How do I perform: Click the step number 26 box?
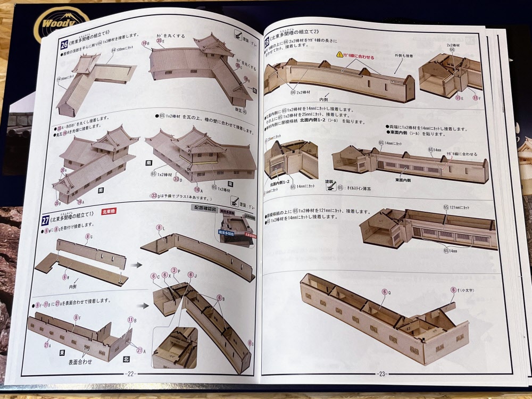point(63,46)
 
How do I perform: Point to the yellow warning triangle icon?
point(339,55)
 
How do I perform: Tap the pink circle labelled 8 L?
point(159,228)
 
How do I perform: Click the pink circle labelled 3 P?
point(174,271)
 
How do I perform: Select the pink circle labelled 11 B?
point(130,319)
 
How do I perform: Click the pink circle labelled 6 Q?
point(384,292)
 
